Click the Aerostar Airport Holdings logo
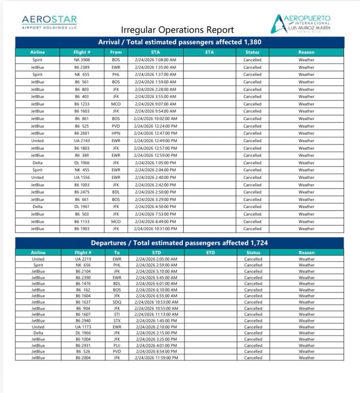click(49, 22)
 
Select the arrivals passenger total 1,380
click(253, 42)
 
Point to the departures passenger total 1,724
click(259, 243)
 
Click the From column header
click(116, 52)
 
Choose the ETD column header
click(211, 252)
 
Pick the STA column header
click(155, 52)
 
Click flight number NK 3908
click(83, 60)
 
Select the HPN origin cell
click(116, 133)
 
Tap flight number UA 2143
click(83, 141)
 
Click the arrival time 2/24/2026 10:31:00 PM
click(155, 229)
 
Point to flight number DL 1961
click(83, 206)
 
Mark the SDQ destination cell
click(117, 302)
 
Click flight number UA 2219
click(83, 259)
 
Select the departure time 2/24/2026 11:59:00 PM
click(156, 358)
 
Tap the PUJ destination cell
click(117, 345)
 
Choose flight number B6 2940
click(83, 321)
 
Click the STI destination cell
click(117, 314)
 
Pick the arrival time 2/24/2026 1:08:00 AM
click(155, 60)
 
